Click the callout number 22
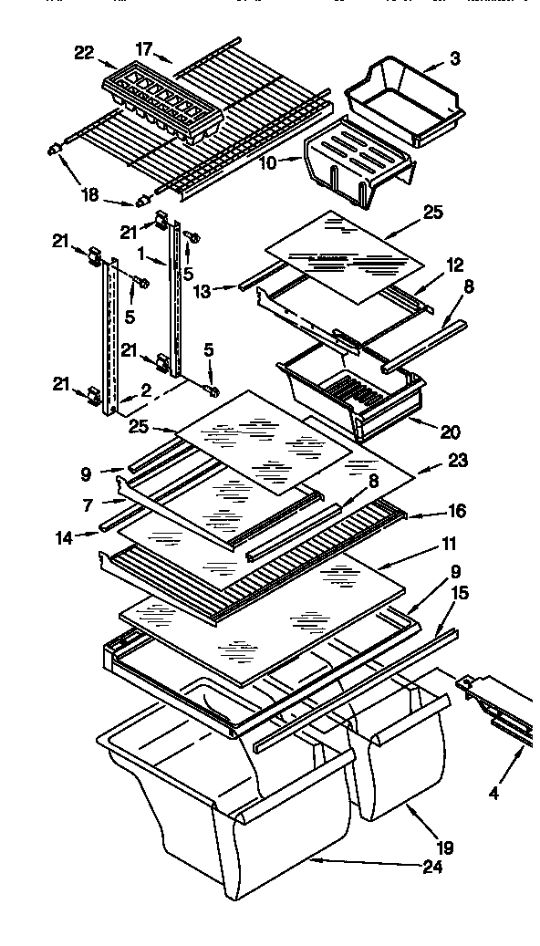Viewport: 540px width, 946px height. [83, 54]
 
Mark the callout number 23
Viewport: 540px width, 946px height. [457, 462]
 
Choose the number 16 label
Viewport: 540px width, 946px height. [455, 512]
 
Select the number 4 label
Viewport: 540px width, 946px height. [493, 793]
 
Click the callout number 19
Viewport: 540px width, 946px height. [445, 847]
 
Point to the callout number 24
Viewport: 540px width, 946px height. [432, 868]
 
